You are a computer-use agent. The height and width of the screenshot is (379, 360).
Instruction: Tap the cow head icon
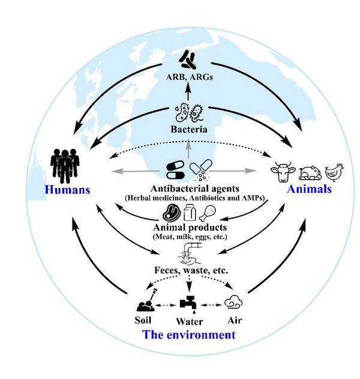pyautogui.click(x=281, y=172)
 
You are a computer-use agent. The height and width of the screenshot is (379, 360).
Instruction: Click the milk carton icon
pyautogui.click(x=190, y=214)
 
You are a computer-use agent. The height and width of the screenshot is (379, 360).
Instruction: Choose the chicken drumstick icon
pyautogui.click(x=209, y=214)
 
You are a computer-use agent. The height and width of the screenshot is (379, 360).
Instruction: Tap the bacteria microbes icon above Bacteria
pyautogui.click(x=189, y=112)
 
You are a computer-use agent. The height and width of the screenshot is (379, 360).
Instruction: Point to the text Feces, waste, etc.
pyautogui.click(x=190, y=270)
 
